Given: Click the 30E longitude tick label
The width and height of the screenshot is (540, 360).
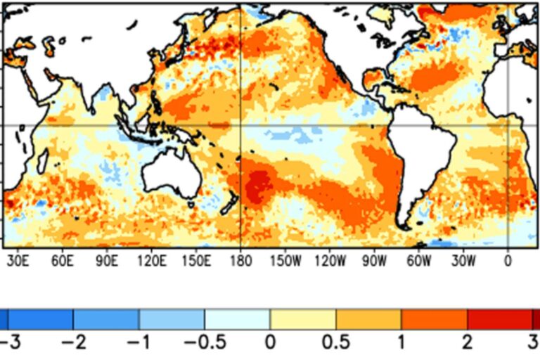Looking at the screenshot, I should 18,262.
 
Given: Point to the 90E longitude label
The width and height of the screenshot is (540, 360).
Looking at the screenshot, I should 107,262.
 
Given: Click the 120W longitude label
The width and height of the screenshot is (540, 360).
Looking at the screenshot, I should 330,262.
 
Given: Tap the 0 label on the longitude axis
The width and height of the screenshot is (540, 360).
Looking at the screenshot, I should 508,262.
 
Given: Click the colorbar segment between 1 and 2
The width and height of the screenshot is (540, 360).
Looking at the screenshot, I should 434,319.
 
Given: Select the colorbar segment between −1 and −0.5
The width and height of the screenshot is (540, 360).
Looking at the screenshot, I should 172,319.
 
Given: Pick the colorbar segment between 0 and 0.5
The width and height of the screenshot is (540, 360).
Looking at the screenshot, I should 303,319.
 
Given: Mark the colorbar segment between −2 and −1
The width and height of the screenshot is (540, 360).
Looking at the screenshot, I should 105,319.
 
